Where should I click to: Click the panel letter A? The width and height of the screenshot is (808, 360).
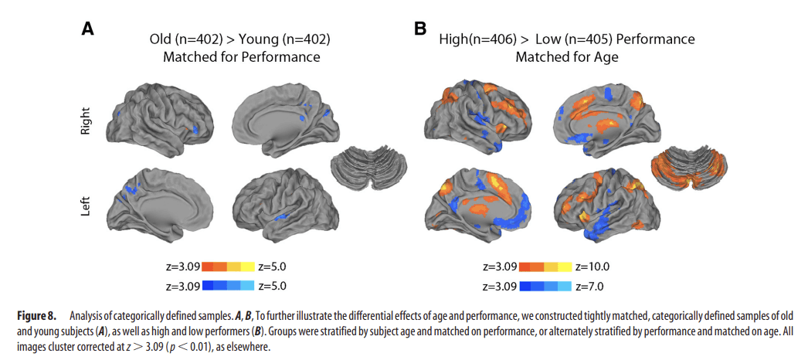coord(89,29)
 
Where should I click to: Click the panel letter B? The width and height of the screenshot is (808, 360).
coord(420,29)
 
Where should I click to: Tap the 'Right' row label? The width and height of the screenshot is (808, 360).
coord(86,122)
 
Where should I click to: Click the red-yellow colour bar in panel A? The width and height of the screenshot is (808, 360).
coord(228,267)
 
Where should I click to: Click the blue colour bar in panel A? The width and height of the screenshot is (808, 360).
coord(228,285)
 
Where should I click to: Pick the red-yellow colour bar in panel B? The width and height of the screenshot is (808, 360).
coord(545,267)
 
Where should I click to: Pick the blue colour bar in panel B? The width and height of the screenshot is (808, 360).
coord(545,285)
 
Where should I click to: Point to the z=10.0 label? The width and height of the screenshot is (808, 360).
coord(593,267)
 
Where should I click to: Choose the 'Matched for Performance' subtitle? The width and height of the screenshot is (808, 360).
coord(241,56)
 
